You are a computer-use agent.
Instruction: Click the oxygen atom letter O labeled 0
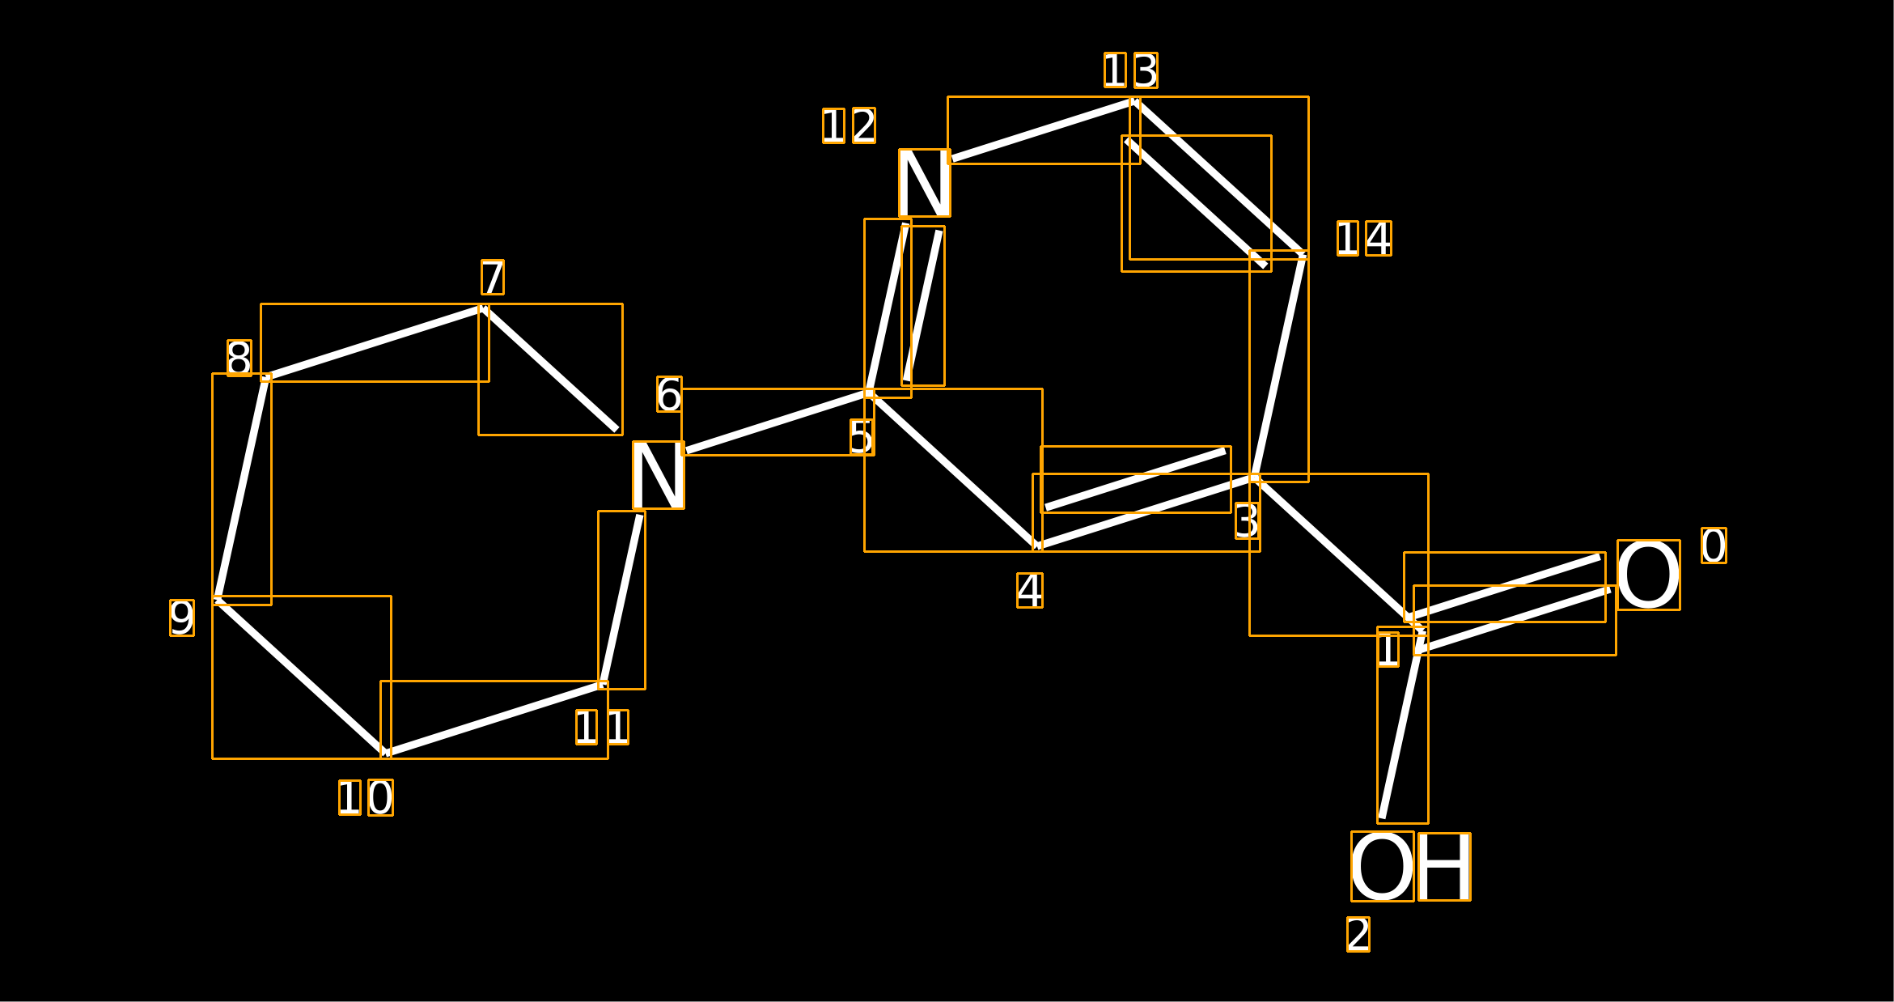(x=1648, y=575)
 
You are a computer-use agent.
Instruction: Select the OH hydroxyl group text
(x=1410, y=866)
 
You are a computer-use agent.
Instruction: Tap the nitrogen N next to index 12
(x=924, y=183)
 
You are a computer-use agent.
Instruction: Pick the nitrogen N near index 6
(x=658, y=475)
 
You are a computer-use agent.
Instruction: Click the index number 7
(x=493, y=278)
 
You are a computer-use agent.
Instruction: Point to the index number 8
(x=239, y=358)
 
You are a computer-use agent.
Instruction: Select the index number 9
(x=182, y=618)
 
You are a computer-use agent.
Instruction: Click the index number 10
(x=366, y=797)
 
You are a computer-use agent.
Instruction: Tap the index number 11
(x=601, y=728)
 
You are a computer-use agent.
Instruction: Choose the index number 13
(x=1130, y=70)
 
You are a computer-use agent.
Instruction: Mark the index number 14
(x=1364, y=238)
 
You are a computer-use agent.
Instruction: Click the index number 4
(x=1030, y=590)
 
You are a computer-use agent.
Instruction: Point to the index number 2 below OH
(x=1358, y=934)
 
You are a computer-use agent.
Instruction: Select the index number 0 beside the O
(x=1714, y=546)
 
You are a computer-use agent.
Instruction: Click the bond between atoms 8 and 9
(x=241, y=489)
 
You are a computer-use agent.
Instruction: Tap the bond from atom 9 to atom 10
(x=301, y=677)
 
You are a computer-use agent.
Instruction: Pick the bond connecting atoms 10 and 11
(x=494, y=719)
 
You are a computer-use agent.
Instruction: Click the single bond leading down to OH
(x=1401, y=733)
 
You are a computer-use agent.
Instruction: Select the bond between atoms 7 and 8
(x=374, y=342)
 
